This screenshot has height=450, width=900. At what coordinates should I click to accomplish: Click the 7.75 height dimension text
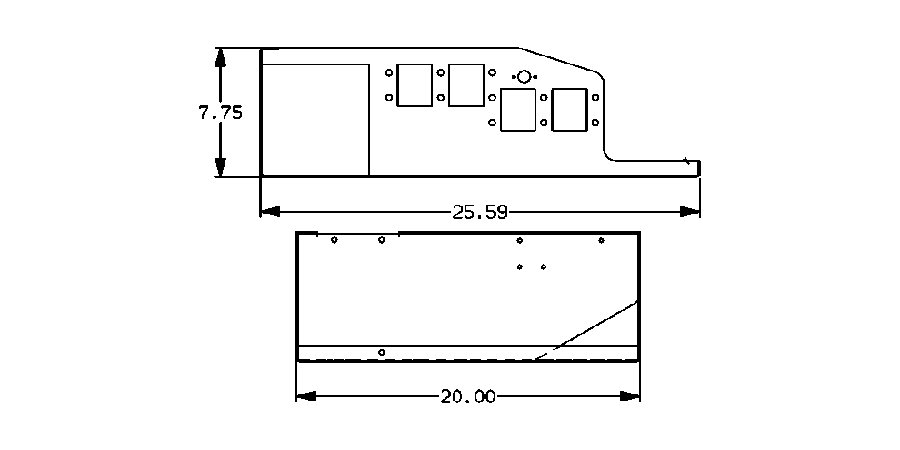point(220,113)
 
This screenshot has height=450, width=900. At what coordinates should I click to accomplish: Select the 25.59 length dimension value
point(480,212)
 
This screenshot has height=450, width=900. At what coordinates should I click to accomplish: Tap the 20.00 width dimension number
point(467,397)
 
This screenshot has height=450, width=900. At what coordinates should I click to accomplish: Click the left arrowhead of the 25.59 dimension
point(269,212)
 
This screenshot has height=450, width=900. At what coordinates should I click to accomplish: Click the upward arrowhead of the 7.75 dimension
point(221,57)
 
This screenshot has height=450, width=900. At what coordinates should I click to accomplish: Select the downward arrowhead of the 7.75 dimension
point(221,168)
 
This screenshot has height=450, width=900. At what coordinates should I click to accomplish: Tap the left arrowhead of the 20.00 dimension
point(306,397)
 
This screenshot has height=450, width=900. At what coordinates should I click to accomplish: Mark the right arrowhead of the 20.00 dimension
point(630,397)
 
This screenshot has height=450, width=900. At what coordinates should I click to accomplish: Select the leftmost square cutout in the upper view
point(414,85)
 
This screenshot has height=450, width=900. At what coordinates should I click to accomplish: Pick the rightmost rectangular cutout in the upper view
point(569,109)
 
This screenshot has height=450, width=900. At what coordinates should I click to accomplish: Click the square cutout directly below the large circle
point(517,110)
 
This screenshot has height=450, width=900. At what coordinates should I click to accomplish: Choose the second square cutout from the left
point(465,85)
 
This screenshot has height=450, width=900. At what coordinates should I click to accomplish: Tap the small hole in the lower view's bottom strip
point(382,352)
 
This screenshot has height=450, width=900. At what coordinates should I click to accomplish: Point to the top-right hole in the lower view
point(601,240)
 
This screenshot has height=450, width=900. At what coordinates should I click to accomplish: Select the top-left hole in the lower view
point(334,240)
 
